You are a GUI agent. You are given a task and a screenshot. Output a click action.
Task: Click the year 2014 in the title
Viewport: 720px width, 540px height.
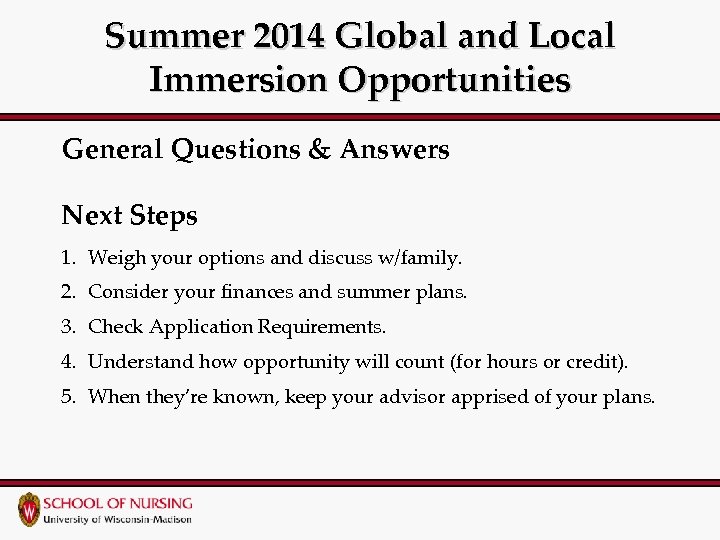pos(291,37)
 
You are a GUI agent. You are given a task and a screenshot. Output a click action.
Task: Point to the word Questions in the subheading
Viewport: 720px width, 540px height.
pos(234,150)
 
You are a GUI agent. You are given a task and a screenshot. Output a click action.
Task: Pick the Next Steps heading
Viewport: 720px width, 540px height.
pos(130,215)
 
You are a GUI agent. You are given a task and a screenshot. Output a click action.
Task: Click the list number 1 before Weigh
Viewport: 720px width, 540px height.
pos(67,258)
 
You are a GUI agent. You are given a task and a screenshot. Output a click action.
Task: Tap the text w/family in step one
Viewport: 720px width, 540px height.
pos(419,258)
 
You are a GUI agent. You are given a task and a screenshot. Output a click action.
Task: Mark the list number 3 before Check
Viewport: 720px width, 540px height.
pos(67,327)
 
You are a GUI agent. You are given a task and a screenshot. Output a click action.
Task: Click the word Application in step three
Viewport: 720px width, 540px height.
pos(201,327)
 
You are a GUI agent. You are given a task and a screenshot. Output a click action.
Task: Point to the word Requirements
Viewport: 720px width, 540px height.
pos(321,327)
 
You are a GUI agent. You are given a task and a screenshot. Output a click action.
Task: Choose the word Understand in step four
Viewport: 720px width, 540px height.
pos(141,361)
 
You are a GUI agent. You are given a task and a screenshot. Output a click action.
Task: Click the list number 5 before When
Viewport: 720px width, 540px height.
pos(67,396)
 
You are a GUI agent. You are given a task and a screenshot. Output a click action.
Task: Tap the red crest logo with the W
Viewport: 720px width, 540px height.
pos(30,509)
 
